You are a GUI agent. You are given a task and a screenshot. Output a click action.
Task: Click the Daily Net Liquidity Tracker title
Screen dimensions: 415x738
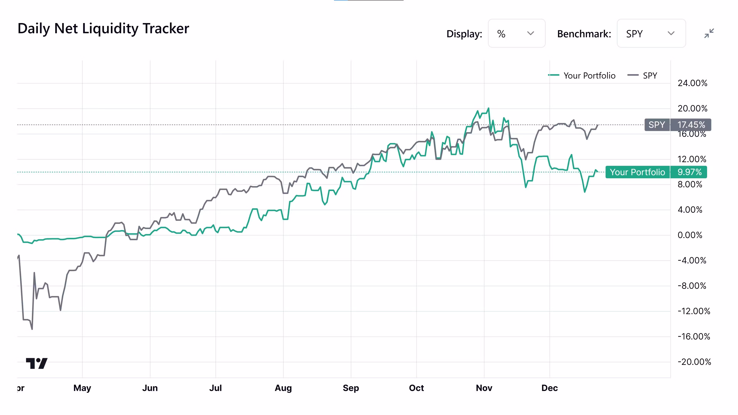tap(103, 29)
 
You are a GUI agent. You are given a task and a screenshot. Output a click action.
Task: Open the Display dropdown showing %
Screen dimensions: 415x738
tap(516, 33)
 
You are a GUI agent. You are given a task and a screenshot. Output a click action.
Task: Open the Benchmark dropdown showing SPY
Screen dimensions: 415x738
tap(651, 33)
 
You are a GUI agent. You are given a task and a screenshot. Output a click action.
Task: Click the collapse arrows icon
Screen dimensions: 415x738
tap(709, 33)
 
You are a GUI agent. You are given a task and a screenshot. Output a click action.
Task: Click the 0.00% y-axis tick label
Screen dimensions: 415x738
tap(690, 235)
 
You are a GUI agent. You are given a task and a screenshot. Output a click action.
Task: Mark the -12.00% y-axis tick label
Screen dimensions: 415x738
tap(694, 311)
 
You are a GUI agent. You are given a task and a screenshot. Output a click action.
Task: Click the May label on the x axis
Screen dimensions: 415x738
tap(82, 388)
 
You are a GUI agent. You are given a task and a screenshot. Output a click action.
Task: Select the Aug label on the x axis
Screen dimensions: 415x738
tap(283, 388)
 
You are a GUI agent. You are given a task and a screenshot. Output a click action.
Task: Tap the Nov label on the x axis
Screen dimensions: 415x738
tap(484, 388)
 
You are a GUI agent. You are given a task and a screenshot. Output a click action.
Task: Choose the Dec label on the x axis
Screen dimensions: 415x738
tap(549, 388)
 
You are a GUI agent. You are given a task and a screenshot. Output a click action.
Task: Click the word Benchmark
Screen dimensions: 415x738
tap(584, 34)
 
